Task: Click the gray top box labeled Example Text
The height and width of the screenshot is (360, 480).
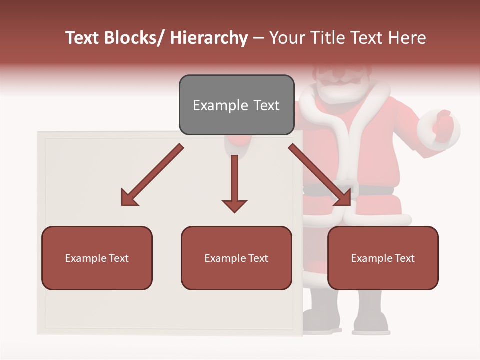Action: click(x=236, y=105)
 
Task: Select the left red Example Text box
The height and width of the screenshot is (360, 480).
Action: click(x=97, y=258)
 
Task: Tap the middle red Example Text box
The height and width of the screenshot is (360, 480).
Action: click(x=236, y=258)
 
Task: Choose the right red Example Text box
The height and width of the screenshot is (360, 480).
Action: click(x=383, y=258)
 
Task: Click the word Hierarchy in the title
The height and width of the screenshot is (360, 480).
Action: click(x=209, y=38)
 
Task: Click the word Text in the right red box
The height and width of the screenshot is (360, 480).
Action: click(x=404, y=258)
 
